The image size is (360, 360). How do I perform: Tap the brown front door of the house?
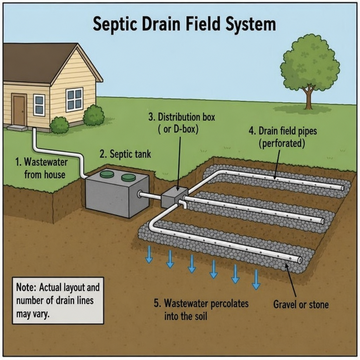pyautogui.click(x=19, y=110)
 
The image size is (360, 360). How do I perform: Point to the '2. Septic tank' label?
pyautogui.click(x=126, y=154)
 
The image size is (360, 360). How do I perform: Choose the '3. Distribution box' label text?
pyautogui.click(x=181, y=117)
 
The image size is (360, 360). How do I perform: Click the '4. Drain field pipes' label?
pyautogui.click(x=283, y=131)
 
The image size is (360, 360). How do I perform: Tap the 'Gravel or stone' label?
pyautogui.click(x=301, y=305)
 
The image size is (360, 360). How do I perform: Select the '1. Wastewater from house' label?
pyautogui.click(x=41, y=168)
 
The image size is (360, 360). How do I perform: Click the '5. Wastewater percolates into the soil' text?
pyautogui.click(x=201, y=310)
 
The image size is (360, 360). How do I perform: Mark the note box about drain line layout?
pyautogui.click(x=58, y=301)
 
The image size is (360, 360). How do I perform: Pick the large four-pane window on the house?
pyautogui.click(x=75, y=99)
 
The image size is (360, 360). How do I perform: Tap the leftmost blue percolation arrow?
pyautogui.click(x=149, y=255)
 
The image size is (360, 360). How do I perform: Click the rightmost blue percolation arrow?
pyautogui.click(x=256, y=279)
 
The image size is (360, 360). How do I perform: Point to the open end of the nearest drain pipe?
pyautogui.click(x=300, y=260)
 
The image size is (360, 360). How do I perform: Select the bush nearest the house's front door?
pyautogui.click(x=59, y=125)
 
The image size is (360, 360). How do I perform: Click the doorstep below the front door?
pyautogui.click(x=17, y=128)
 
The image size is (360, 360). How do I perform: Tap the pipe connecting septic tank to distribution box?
pyautogui.click(x=150, y=195)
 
